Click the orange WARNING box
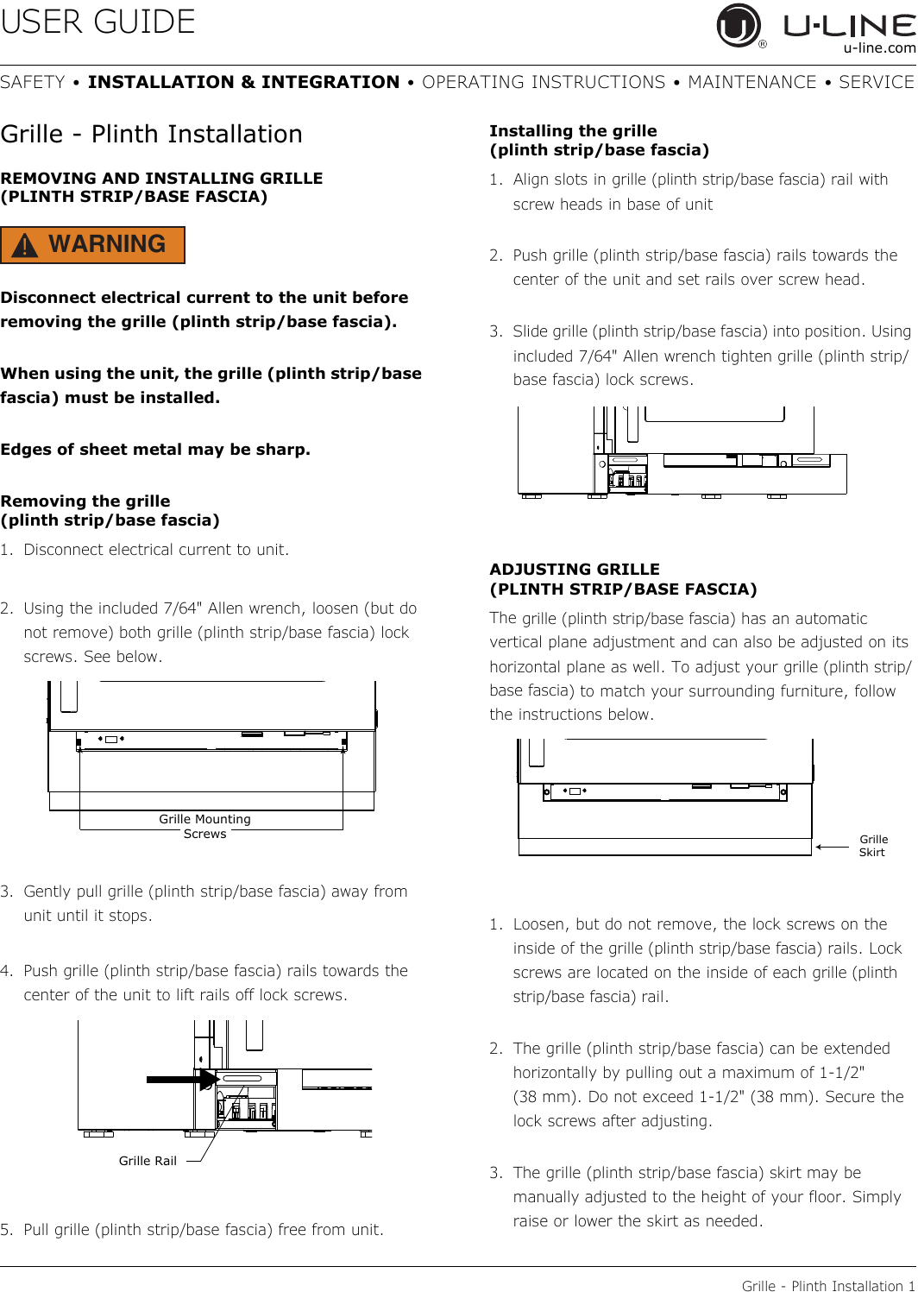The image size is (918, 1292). (x=93, y=245)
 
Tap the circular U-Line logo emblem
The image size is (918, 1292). (x=739, y=26)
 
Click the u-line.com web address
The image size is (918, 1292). (x=879, y=48)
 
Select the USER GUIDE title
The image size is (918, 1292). (x=98, y=22)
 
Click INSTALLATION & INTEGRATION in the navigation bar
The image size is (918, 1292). (x=243, y=82)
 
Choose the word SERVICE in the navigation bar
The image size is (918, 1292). (x=876, y=82)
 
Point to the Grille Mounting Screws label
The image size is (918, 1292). (x=204, y=826)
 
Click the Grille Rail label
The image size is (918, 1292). (x=148, y=1161)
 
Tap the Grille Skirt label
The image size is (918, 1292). (x=873, y=846)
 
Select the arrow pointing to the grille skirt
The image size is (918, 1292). (x=833, y=847)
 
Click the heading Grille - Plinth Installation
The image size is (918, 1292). (x=152, y=135)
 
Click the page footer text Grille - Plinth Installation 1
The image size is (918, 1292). (x=827, y=1285)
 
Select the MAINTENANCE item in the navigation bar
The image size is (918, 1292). (x=751, y=82)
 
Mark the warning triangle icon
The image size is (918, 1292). (x=26, y=246)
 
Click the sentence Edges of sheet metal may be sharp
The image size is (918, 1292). (x=155, y=450)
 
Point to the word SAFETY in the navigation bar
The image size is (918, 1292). (x=33, y=82)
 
